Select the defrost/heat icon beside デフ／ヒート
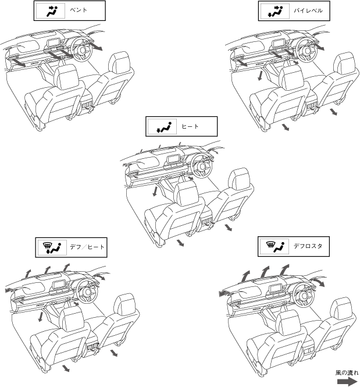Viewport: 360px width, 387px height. (52, 247)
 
